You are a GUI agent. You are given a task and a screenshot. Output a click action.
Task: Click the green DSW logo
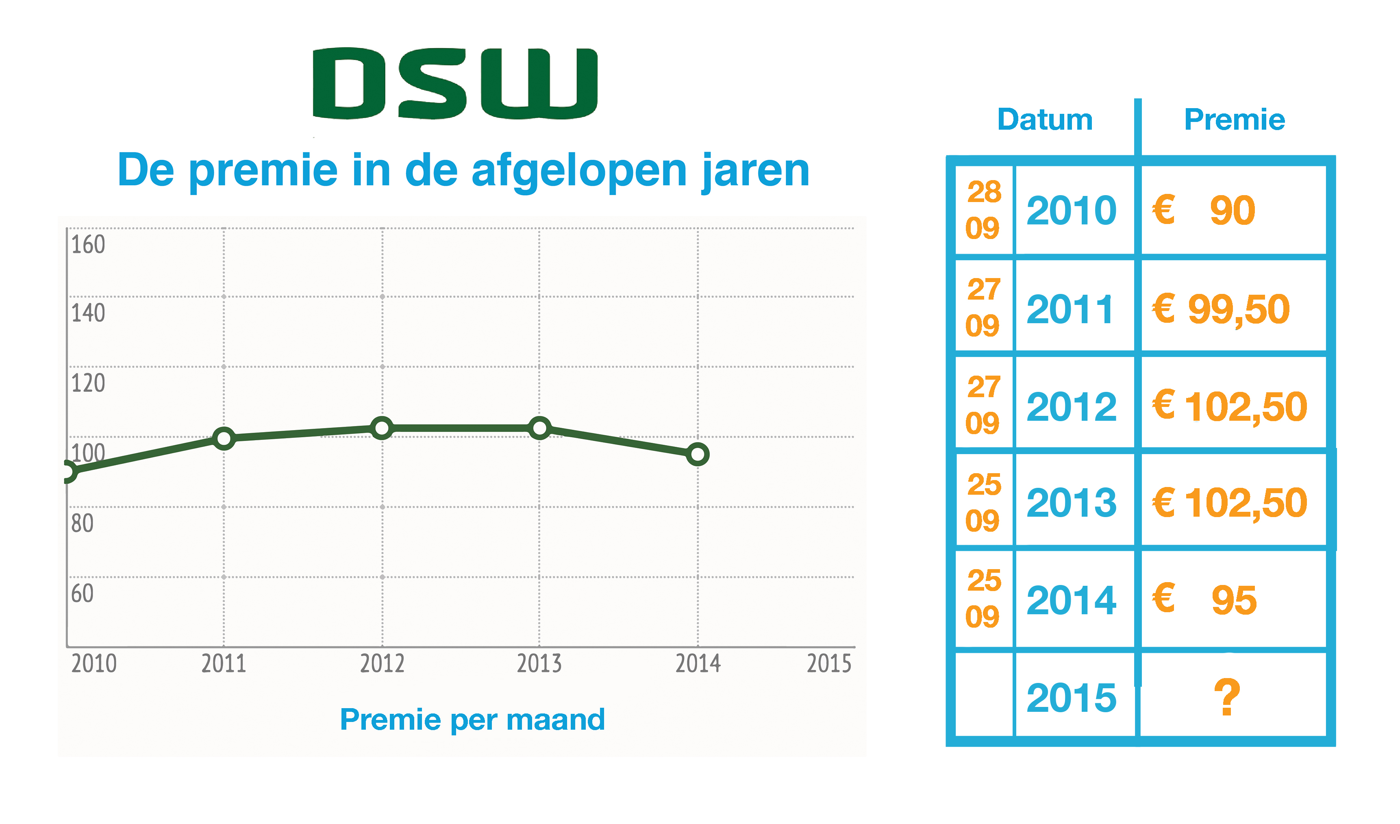(x=455, y=83)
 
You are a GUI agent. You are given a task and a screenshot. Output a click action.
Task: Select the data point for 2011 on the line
(x=224, y=438)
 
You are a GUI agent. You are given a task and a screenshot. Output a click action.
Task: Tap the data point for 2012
(x=382, y=428)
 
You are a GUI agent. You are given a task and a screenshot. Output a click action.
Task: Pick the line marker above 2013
(x=539, y=428)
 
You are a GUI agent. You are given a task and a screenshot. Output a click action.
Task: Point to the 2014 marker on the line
(x=698, y=454)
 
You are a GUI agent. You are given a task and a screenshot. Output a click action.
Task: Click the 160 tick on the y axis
(x=88, y=244)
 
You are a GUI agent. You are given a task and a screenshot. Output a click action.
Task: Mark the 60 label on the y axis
(x=82, y=594)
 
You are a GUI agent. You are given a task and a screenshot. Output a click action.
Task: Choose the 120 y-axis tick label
(x=88, y=383)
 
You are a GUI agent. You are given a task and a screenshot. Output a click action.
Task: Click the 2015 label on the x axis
(x=829, y=664)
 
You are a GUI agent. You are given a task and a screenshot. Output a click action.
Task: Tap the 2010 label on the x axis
(x=94, y=664)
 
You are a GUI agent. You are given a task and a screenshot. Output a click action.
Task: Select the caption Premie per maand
(x=472, y=720)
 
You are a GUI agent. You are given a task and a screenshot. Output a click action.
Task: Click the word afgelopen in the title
(x=579, y=171)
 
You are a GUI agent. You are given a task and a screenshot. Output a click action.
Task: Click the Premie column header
(x=1235, y=120)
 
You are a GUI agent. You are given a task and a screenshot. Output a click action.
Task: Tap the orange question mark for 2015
(x=1227, y=698)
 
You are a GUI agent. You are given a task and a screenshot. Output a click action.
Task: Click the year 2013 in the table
(x=1071, y=503)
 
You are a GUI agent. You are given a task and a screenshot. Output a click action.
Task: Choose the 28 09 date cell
(x=983, y=210)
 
